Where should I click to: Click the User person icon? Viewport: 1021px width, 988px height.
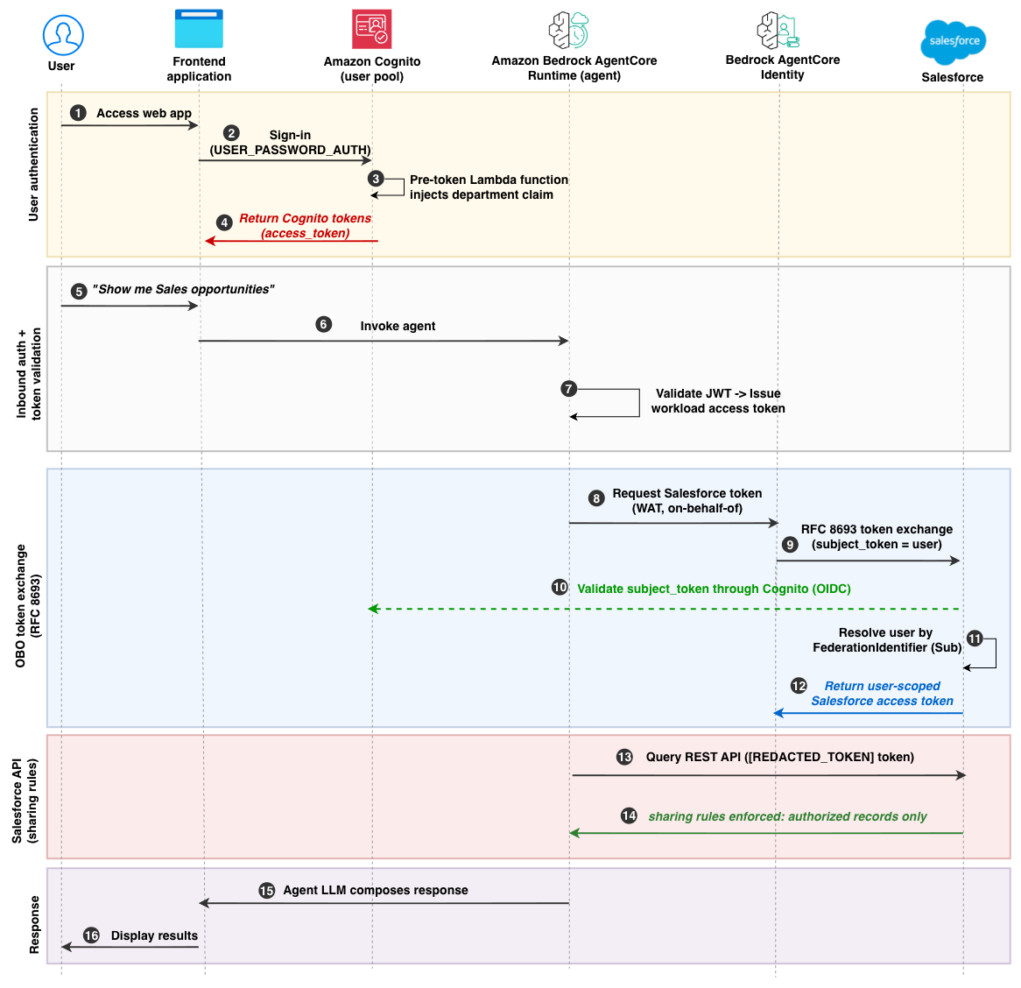click(x=63, y=34)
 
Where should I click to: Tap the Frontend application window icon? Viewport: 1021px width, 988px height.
click(x=199, y=29)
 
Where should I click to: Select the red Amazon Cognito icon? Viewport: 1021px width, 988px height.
click(x=372, y=29)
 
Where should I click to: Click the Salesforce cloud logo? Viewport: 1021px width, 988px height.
click(x=954, y=42)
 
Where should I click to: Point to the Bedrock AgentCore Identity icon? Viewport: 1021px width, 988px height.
click(x=778, y=30)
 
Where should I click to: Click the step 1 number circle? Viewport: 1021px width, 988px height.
click(x=78, y=113)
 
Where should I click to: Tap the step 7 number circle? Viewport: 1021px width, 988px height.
click(x=568, y=389)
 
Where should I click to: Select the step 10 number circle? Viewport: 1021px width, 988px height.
click(x=560, y=587)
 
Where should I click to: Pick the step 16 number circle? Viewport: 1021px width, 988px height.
click(x=91, y=935)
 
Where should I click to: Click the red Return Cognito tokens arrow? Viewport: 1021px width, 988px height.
click(x=292, y=241)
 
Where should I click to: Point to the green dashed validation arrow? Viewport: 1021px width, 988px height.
click(x=664, y=609)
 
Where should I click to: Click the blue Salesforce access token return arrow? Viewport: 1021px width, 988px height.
click(x=868, y=713)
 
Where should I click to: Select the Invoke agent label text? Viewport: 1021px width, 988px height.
click(x=398, y=326)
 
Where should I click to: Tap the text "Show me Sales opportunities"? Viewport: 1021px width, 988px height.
click(x=183, y=289)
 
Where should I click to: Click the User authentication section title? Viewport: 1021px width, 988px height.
click(x=33, y=165)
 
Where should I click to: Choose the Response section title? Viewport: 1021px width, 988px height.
click(x=34, y=925)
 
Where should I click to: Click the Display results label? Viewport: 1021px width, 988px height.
click(x=154, y=935)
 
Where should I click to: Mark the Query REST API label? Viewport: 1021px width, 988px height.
click(x=780, y=757)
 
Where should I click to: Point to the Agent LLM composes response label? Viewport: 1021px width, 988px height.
click(x=376, y=890)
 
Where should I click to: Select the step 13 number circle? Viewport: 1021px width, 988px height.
click(x=624, y=757)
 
